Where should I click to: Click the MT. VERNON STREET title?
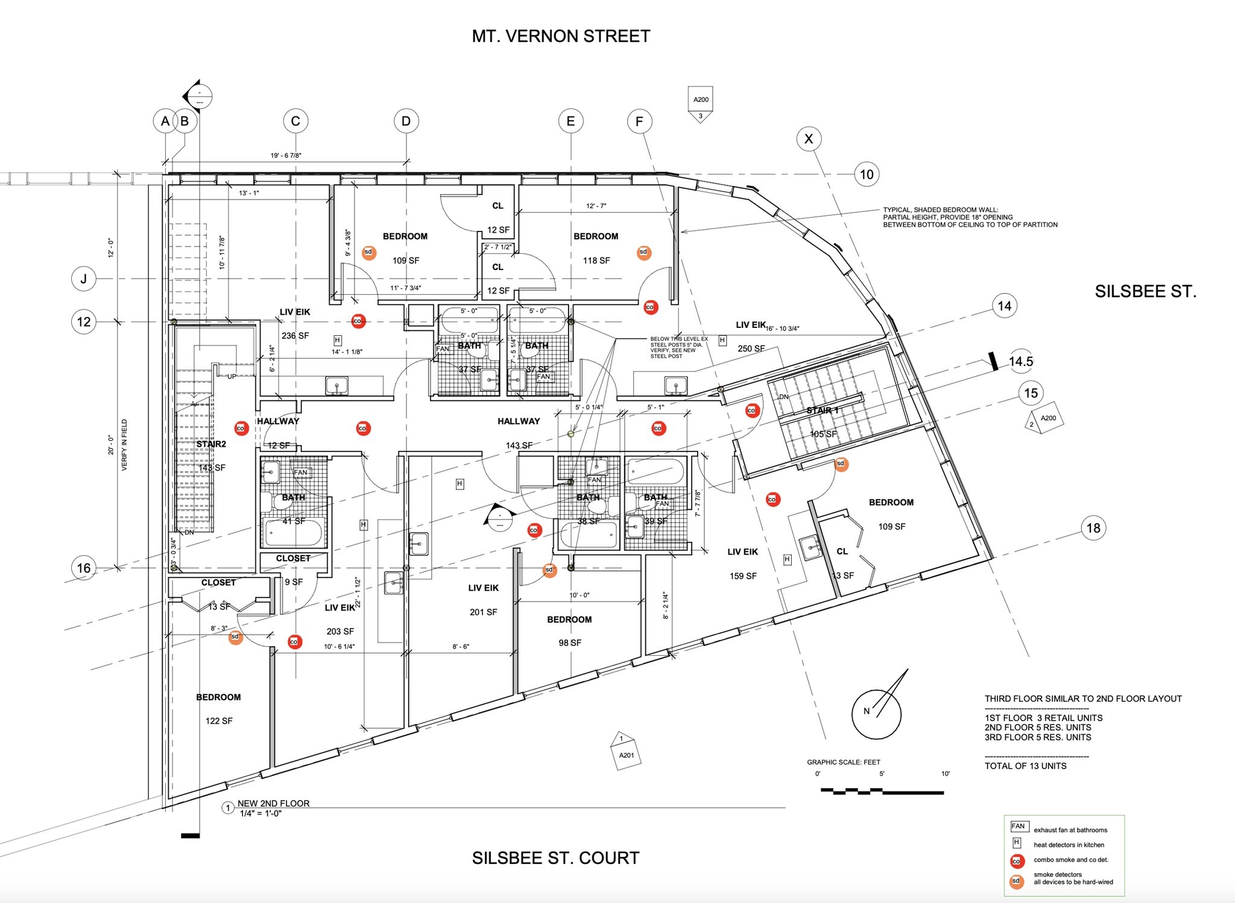(561, 36)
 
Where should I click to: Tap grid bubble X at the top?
(809, 139)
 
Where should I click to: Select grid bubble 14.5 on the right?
(1021, 362)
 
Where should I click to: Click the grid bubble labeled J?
(84, 279)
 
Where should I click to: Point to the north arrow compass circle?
(876, 714)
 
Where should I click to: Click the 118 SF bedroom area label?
(596, 260)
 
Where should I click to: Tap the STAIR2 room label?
(211, 444)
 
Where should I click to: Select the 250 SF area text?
(751, 348)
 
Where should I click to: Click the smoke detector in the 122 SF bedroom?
(235, 637)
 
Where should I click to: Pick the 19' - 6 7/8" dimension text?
(286, 156)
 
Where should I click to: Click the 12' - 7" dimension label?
(596, 206)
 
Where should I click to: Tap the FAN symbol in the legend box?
(1018, 826)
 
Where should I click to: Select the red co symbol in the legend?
(1017, 860)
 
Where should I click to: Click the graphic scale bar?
(883, 791)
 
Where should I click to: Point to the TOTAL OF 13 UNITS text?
(1025, 766)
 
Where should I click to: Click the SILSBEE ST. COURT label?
(555, 858)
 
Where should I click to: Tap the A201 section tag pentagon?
(625, 750)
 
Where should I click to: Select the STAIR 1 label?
(823, 411)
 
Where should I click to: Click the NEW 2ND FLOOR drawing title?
(273, 804)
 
